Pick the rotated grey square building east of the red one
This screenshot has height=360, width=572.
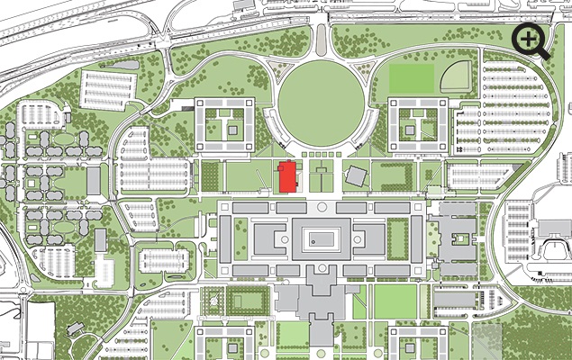[x=355, y=175]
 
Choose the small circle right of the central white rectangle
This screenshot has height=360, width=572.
[x=367, y=241]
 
